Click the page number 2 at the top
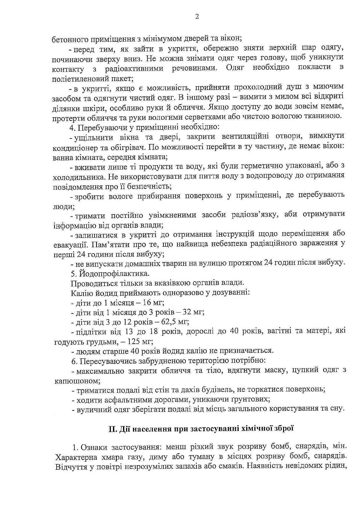[x=197, y=17]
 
